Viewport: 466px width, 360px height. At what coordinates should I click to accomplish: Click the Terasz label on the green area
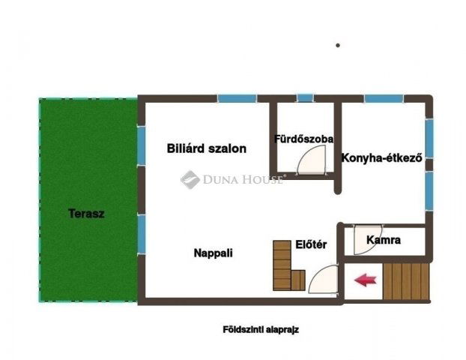point(86,213)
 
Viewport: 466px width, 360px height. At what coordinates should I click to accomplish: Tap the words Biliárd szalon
point(206,148)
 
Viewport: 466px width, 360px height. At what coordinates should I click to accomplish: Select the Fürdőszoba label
point(303,139)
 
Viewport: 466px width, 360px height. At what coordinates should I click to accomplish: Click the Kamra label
point(384,241)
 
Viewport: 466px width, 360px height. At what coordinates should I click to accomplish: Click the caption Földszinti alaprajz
point(261,329)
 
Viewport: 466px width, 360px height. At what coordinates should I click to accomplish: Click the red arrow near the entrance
point(365,280)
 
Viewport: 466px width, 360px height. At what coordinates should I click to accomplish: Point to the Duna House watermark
point(232,179)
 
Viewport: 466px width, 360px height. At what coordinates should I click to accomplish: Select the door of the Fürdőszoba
point(311,160)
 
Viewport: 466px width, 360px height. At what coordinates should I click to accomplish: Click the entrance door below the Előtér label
point(322,280)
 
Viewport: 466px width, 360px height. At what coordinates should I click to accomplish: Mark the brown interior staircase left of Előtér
point(285,265)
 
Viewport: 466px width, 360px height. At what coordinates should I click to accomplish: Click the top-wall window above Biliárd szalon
point(237,98)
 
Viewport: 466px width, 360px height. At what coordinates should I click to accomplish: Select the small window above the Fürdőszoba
point(304,98)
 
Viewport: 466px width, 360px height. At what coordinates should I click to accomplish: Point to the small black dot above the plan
point(338,45)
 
